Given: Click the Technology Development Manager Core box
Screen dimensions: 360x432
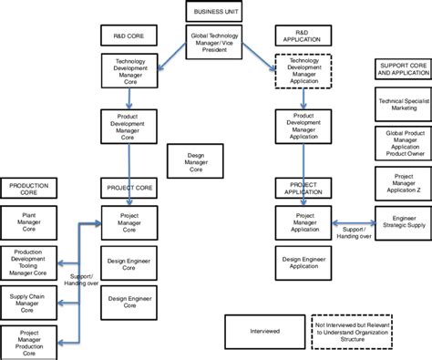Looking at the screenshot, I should click(x=130, y=70).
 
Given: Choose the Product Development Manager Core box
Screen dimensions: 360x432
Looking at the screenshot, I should click(x=130, y=128).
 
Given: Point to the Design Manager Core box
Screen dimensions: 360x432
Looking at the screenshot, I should click(x=196, y=162).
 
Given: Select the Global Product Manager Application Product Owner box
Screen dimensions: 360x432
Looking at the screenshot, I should click(x=402, y=142).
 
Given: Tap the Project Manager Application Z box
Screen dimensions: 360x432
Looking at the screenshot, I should click(x=402, y=182).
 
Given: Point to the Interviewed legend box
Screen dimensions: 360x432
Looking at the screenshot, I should click(x=264, y=332).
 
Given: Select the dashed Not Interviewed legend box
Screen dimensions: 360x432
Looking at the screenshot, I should click(x=356, y=332).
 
